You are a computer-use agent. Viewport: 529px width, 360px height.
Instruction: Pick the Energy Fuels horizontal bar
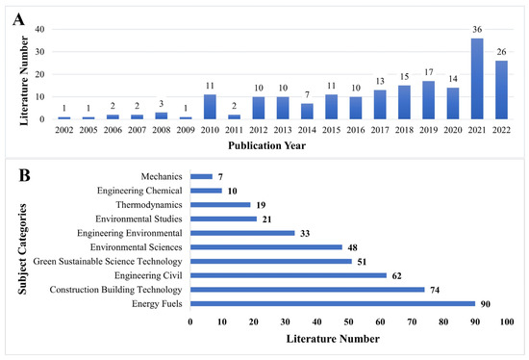tap(333, 303)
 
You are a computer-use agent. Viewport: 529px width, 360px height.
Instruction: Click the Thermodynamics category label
tap(152, 204)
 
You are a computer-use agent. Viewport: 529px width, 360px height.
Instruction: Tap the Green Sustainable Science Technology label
tap(116, 261)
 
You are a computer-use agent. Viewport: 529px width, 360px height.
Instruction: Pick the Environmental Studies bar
tap(224, 219)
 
